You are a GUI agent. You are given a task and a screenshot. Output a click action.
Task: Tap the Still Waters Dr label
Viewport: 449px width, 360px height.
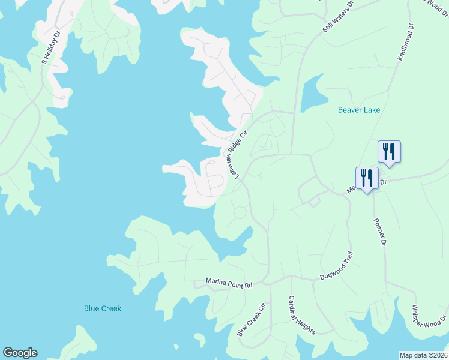339,16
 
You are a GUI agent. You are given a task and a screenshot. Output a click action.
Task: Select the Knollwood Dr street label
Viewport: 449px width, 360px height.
406,42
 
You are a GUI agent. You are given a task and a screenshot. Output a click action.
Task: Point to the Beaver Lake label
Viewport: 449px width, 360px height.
359,110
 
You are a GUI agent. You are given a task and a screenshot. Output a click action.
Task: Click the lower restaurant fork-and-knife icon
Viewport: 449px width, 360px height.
367,178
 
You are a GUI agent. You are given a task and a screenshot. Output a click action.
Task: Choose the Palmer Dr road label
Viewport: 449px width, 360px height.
379,232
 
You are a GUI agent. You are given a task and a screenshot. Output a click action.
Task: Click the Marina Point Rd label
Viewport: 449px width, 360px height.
229,283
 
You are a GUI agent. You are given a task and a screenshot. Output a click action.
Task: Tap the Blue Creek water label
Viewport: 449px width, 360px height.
103,308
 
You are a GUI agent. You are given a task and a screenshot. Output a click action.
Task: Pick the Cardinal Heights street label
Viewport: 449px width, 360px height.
301,314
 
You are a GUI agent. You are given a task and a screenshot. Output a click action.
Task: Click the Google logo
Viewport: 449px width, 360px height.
20,353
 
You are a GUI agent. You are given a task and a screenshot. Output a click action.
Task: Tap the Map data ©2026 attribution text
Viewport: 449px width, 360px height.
423,355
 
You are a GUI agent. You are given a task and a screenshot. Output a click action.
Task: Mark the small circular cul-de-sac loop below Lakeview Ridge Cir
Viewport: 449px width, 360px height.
240,212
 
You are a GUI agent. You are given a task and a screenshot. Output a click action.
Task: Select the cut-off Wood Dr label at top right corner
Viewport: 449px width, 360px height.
436,5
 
